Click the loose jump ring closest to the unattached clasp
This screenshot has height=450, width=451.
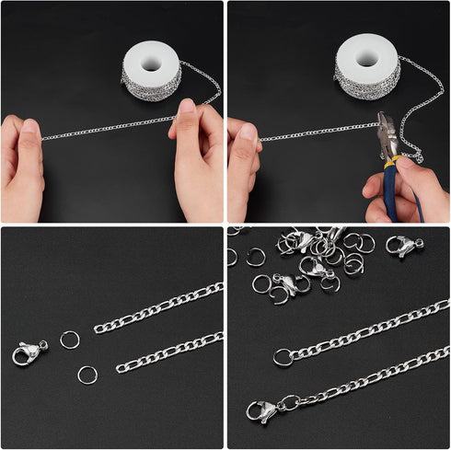(x=70, y=340)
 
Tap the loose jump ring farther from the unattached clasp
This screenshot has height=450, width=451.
(x=87, y=375)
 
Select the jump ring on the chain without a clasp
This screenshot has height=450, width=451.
(x=283, y=357)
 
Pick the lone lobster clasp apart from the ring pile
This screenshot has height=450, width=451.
(x=404, y=245)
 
